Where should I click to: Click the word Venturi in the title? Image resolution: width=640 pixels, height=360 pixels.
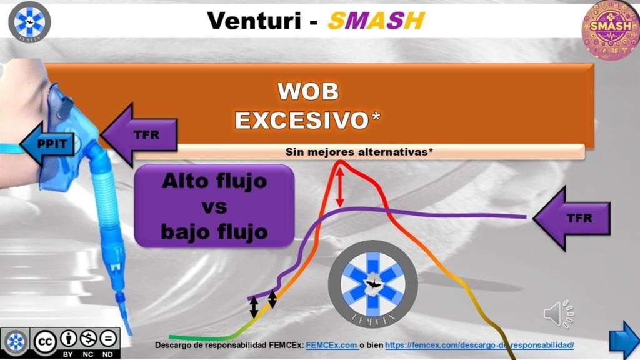(254, 21)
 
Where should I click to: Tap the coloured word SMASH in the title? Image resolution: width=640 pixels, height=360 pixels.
(376, 21)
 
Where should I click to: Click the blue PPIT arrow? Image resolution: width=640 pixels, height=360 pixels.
(47, 143)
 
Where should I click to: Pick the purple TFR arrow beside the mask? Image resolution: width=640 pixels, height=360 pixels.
(139, 135)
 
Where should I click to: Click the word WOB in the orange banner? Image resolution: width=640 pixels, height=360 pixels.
(308, 91)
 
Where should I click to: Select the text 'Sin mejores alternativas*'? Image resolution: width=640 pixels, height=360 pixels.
(359, 152)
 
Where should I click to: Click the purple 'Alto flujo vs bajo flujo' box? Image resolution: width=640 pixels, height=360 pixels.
(214, 206)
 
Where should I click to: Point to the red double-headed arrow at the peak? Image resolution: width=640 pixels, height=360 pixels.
(339, 187)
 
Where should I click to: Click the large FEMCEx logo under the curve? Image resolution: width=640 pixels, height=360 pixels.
(372, 284)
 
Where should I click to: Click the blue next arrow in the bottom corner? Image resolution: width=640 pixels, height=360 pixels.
(624, 341)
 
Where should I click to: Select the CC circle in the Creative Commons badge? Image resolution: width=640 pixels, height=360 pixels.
(45, 342)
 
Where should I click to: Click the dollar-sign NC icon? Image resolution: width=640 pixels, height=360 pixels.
(88, 338)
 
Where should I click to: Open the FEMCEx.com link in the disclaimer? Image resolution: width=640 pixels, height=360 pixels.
(332, 345)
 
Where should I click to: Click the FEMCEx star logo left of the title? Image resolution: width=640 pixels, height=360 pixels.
(29, 22)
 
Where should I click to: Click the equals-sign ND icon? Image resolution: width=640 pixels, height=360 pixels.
(108, 338)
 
